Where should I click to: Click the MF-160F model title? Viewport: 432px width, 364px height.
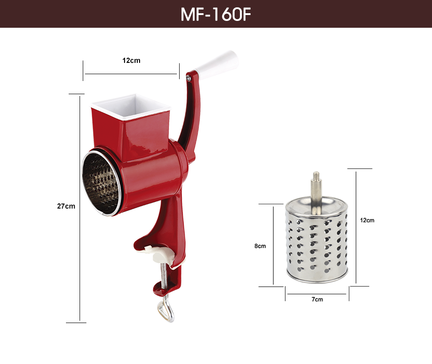click(x=216, y=15)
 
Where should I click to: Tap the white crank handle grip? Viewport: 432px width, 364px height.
click(x=217, y=62)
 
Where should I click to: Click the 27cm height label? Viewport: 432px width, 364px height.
click(x=66, y=206)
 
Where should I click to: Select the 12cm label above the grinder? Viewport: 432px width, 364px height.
click(x=131, y=61)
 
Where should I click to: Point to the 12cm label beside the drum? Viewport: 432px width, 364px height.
click(x=367, y=220)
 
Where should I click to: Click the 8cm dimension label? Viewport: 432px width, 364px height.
click(x=260, y=246)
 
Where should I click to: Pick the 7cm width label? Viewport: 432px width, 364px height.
click(x=317, y=299)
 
